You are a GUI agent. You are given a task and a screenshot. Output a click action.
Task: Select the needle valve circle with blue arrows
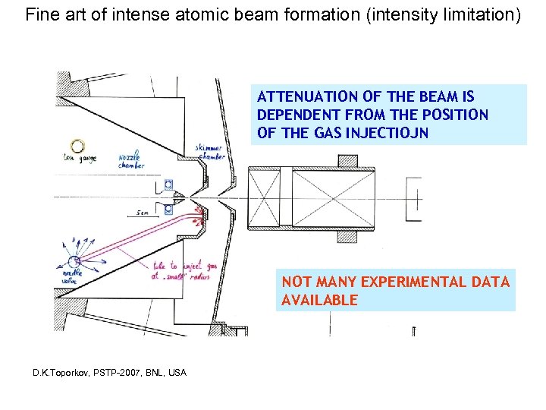(64, 262)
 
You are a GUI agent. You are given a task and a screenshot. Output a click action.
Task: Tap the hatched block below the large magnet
(347, 236)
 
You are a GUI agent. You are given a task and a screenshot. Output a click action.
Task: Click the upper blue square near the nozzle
(168, 184)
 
